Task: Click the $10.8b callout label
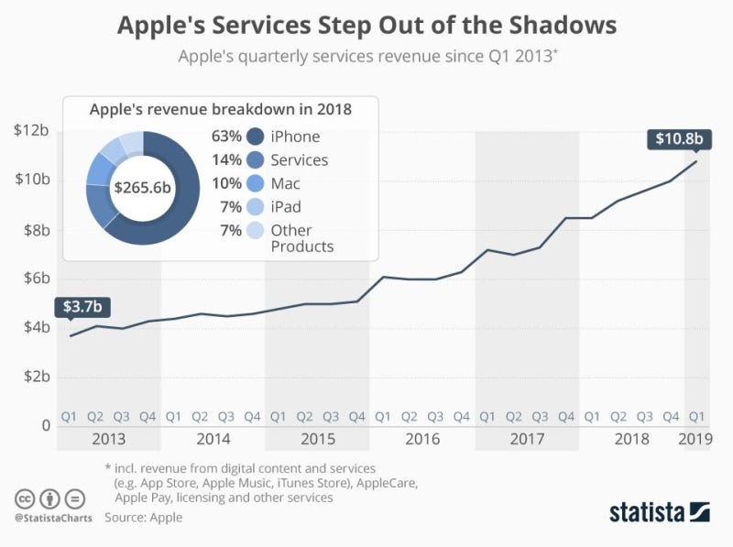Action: (x=680, y=139)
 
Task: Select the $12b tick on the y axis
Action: (x=32, y=130)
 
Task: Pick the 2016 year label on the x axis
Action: (x=422, y=439)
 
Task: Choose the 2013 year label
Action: (x=108, y=439)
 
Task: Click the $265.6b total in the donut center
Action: (x=143, y=188)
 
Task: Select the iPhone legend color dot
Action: (x=257, y=137)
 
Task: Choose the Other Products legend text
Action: (x=302, y=238)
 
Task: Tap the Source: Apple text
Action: (x=144, y=518)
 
